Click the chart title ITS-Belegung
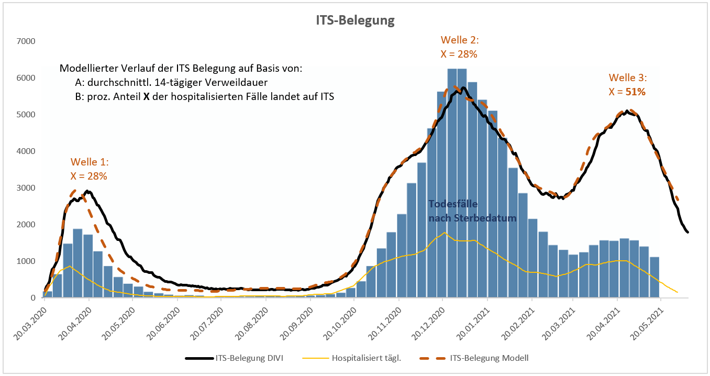coord(355,20)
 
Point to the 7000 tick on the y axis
coord(26,41)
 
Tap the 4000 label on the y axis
coord(26,151)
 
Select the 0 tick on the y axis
coord(32,298)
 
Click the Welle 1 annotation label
coord(90,162)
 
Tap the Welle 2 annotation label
coord(460,40)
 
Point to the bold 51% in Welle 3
coord(635,91)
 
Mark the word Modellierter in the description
coord(87,69)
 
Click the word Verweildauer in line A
coord(242,82)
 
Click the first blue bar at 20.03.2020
coord(47,294)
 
